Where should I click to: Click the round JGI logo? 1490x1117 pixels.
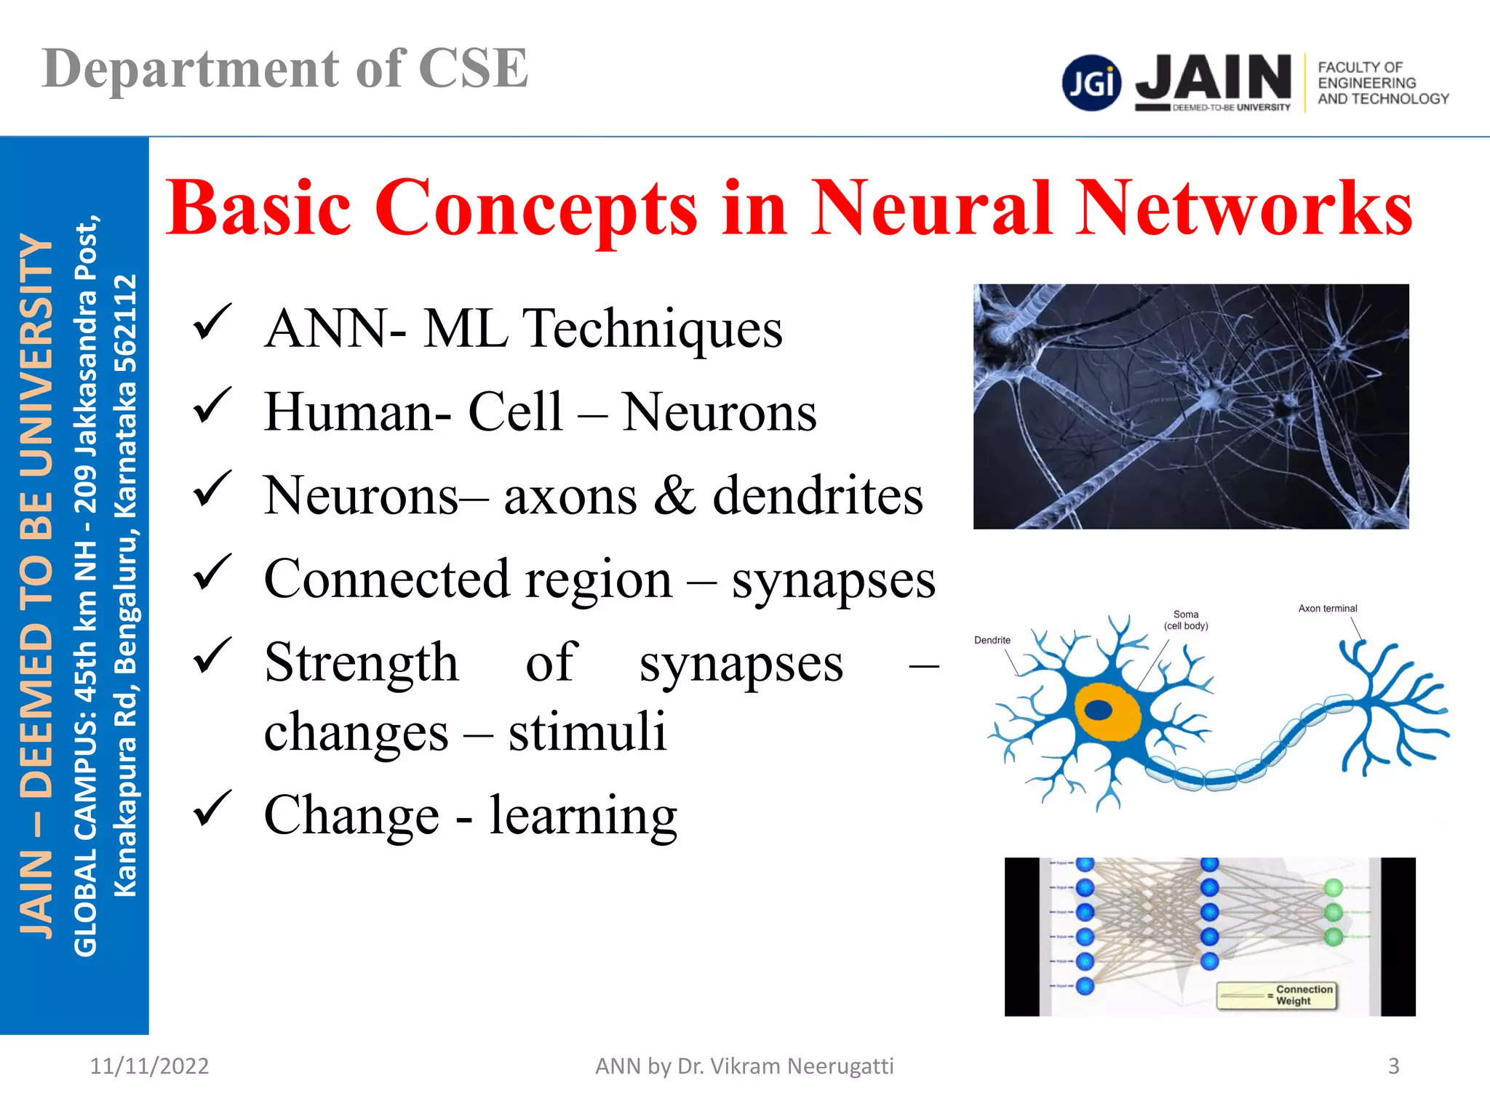click(1091, 83)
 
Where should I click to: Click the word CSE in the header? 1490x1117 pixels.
click(473, 69)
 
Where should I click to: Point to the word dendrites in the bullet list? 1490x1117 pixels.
click(818, 496)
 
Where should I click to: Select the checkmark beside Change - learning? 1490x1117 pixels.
click(212, 809)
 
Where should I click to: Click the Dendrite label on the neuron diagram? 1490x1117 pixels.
click(992, 641)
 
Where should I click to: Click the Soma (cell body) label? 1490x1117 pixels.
click(1186, 620)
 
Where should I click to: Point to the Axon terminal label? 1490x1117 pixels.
click(1328, 609)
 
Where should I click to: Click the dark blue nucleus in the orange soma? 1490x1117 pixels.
click(1098, 710)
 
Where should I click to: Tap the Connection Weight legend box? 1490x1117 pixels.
click(1277, 996)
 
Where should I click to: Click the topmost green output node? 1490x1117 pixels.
click(1334, 888)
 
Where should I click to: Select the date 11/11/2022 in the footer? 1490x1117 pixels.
click(149, 1066)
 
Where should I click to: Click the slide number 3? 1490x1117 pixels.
click(1393, 1066)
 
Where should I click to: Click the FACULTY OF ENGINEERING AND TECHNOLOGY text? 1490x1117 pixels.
click(1382, 83)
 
